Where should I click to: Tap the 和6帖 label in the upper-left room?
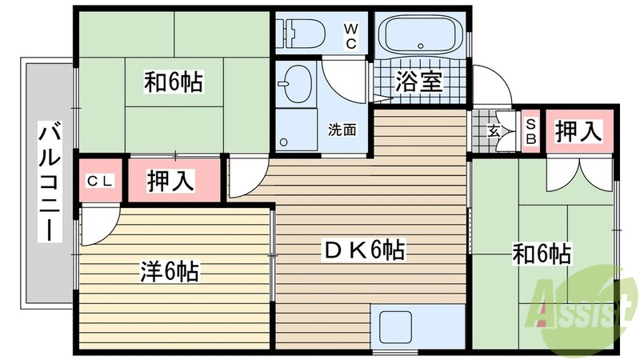tap(174, 82)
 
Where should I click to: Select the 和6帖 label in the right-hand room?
tap(542, 254)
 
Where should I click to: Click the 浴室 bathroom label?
tap(419, 82)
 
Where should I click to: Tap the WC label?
tap(350, 36)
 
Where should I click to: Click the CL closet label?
tap(100, 180)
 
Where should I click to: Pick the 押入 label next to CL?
tap(171, 180)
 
